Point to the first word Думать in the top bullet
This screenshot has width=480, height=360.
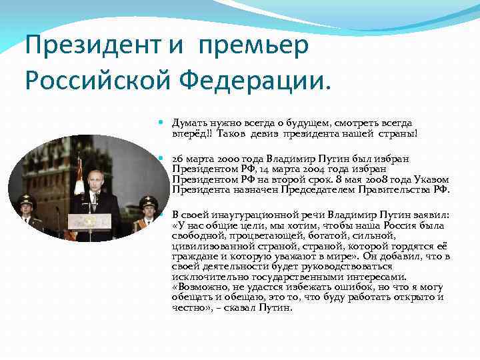point(190,123)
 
